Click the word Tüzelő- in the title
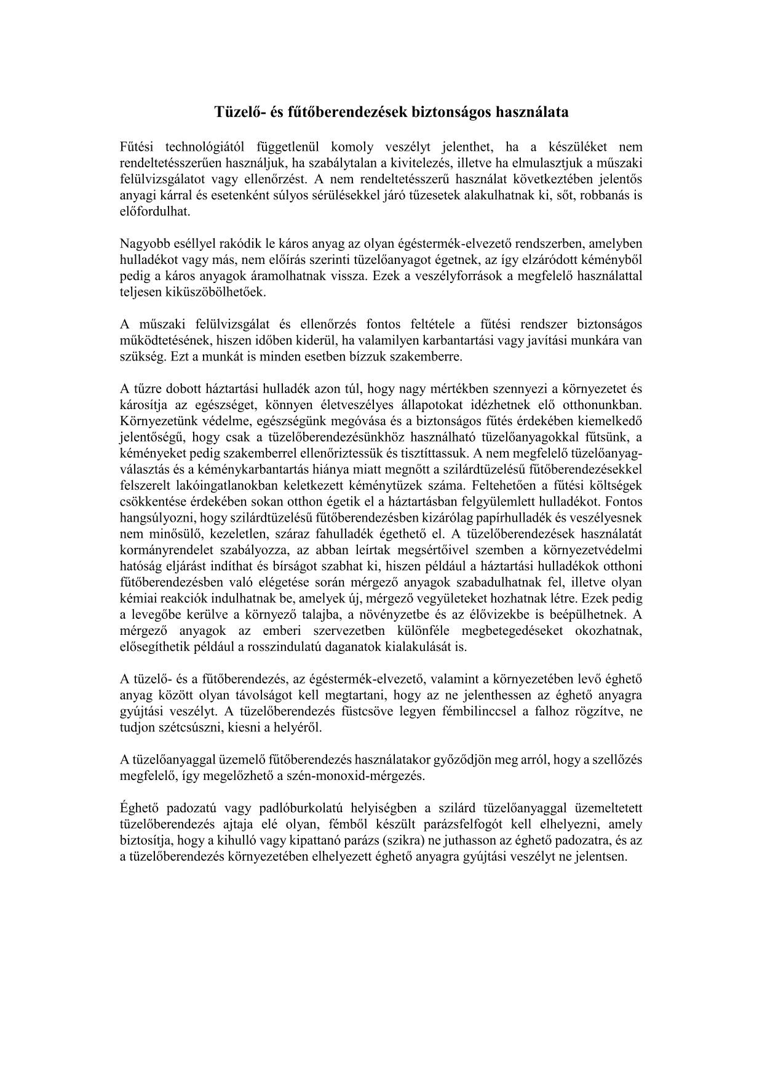(239, 113)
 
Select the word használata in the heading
(533, 113)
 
